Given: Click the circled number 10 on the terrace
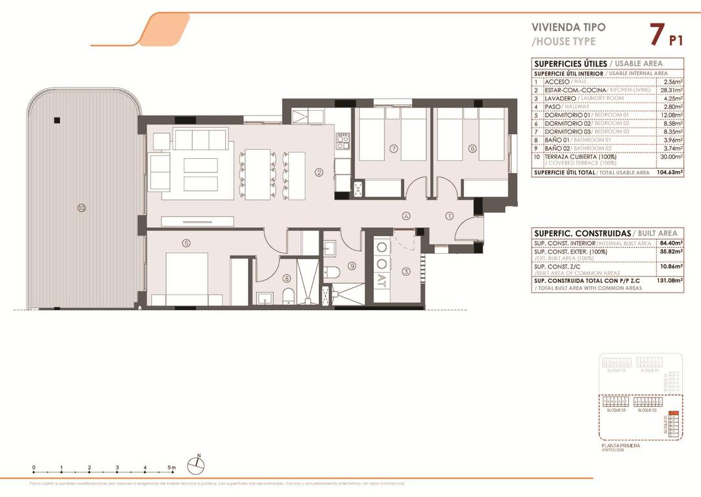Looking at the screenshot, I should [x=81, y=208].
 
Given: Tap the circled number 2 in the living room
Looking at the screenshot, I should [x=319, y=173].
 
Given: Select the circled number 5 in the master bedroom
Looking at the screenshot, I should [x=186, y=243].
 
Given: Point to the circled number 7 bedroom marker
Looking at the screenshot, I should [x=393, y=149].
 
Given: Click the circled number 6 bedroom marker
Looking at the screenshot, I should [x=473, y=149].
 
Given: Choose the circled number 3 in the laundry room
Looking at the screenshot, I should [x=406, y=271].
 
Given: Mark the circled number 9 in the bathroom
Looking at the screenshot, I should [x=352, y=265].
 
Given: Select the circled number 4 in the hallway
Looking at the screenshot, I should [x=406, y=216].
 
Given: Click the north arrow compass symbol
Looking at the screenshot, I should [x=196, y=465].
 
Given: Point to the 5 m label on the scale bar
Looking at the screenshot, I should [x=172, y=467].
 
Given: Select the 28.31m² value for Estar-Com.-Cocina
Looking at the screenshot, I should [x=668, y=90].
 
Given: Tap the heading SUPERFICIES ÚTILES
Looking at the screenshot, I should [x=570, y=64].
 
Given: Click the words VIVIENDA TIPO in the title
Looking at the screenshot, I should [x=568, y=27].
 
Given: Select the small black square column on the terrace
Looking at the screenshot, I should [x=57, y=119].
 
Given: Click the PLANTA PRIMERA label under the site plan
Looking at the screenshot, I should [x=621, y=446].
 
